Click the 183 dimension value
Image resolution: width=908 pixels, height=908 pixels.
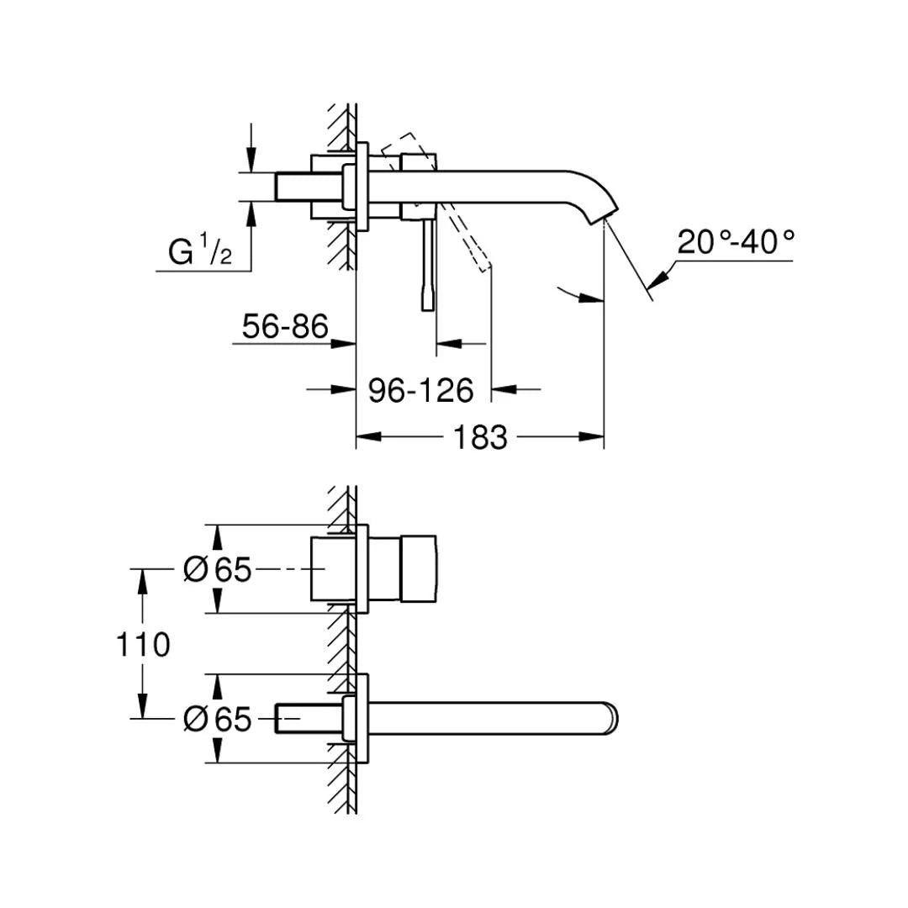(x=481, y=437)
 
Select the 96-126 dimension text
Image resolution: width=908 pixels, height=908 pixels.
(x=421, y=390)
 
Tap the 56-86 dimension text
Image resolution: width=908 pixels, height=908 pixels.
(x=285, y=327)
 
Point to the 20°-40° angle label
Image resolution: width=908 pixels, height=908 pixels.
(x=736, y=243)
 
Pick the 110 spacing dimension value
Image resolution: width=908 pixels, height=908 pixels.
(x=144, y=645)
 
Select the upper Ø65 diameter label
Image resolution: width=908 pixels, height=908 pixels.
(x=218, y=570)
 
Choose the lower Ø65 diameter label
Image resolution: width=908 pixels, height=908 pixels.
(x=218, y=719)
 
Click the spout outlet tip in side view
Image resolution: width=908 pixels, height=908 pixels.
(x=608, y=216)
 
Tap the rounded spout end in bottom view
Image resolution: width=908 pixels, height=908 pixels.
(x=611, y=719)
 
